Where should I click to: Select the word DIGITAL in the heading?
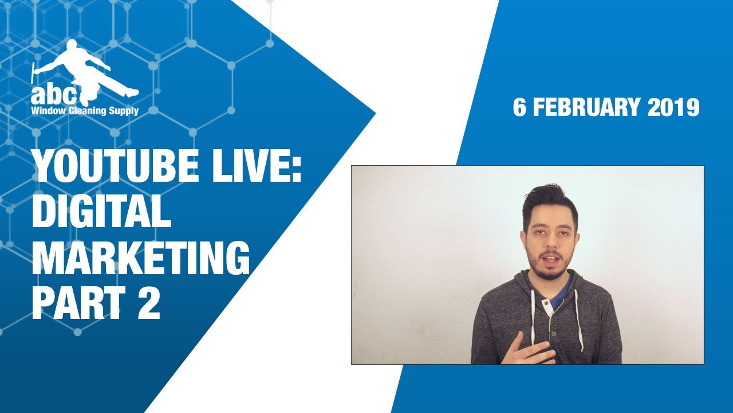click(101, 212)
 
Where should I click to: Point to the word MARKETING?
click(141, 258)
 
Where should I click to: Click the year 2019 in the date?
click(673, 108)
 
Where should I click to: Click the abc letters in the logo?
click(55, 94)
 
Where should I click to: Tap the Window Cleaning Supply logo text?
click(85, 111)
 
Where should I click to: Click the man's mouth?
click(546, 259)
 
